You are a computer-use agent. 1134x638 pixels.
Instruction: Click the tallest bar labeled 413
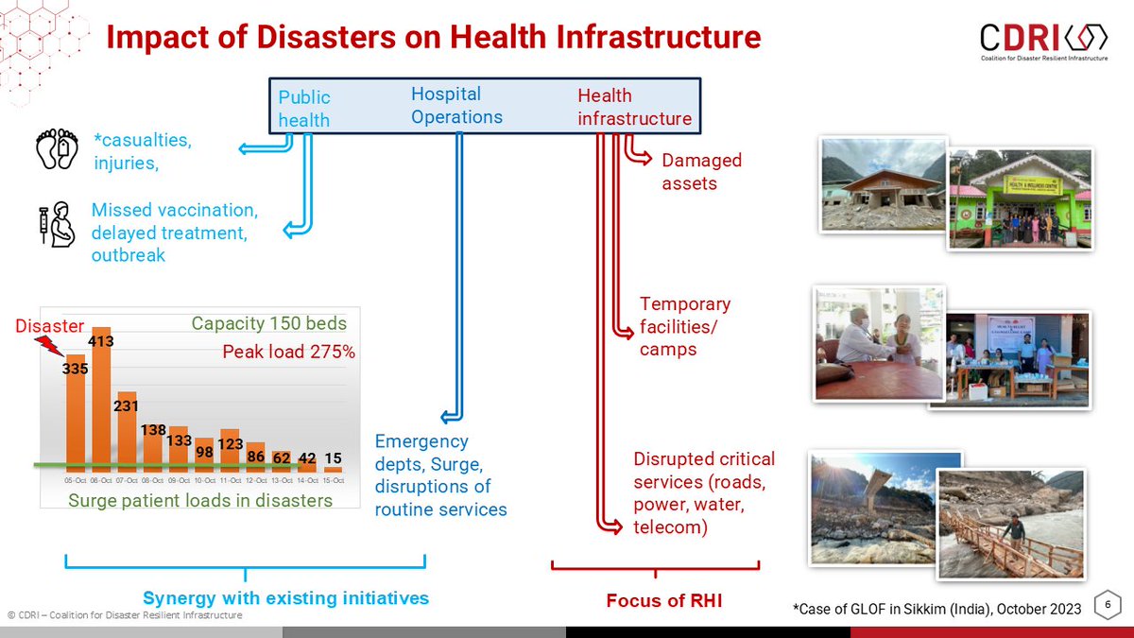[101, 402]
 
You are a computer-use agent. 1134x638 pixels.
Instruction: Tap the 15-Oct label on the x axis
[333, 480]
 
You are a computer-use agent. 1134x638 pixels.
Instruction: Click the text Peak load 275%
[288, 352]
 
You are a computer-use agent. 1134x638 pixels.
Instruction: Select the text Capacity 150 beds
[269, 324]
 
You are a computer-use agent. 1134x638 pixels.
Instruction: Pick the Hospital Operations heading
[456, 105]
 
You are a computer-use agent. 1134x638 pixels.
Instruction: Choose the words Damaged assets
[701, 171]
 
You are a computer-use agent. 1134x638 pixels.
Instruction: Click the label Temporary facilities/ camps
[684, 326]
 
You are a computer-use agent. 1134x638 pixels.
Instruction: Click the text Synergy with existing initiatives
[285, 598]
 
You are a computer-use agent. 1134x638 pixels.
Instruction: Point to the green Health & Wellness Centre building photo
[1020, 198]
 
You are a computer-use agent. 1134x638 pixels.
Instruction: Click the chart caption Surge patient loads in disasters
[200, 500]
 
